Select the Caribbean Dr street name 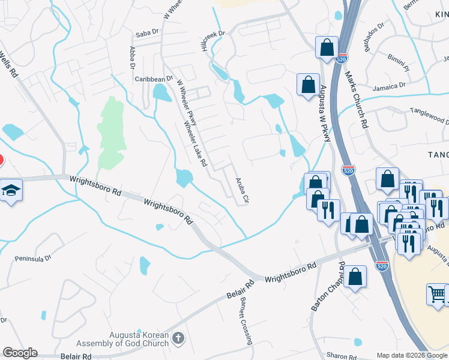tap(153, 79)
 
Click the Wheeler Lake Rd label tap(195, 144)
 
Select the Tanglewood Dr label tap(429, 114)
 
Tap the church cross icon tap(177, 339)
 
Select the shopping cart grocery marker tap(437, 295)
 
